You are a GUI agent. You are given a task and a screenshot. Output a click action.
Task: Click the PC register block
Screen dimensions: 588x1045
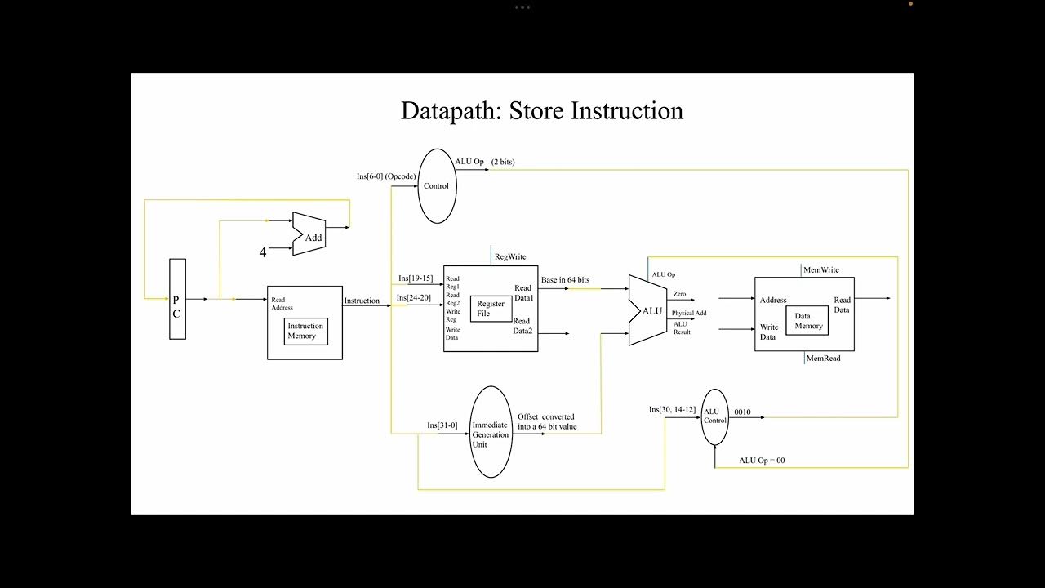pos(177,299)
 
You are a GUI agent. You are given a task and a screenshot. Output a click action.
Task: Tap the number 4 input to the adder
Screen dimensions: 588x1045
pos(263,253)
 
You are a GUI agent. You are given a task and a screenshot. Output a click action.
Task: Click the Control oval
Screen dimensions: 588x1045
pos(436,186)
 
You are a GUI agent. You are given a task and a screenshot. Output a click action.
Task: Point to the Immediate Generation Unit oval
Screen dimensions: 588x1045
pos(491,432)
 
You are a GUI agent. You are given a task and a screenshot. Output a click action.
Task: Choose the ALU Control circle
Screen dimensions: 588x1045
pos(714,416)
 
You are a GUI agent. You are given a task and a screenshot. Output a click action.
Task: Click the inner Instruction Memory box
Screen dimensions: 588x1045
pos(305,331)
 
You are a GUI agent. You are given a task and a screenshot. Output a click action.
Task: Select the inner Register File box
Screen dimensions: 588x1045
pos(491,309)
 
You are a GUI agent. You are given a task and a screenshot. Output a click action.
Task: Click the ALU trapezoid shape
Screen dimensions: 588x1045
pos(648,310)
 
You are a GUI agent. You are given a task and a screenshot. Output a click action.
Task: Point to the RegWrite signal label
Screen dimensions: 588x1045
pos(510,256)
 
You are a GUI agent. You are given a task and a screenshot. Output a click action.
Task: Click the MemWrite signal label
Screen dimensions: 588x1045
pos(820,270)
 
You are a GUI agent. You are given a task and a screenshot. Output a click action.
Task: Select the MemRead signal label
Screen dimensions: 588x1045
pos(823,358)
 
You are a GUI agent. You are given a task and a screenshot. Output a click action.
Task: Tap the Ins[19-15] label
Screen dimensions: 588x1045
pos(416,278)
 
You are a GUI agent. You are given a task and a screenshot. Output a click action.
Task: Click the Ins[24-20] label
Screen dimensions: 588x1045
pos(414,297)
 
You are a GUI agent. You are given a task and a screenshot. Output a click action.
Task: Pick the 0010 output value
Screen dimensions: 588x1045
pos(742,412)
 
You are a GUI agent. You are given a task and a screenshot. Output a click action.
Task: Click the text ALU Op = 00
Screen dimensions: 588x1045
pos(762,461)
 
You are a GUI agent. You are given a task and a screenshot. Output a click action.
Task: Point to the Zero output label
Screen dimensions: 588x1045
pos(679,293)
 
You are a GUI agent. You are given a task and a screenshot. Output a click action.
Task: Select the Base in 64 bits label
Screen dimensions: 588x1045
pos(565,280)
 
